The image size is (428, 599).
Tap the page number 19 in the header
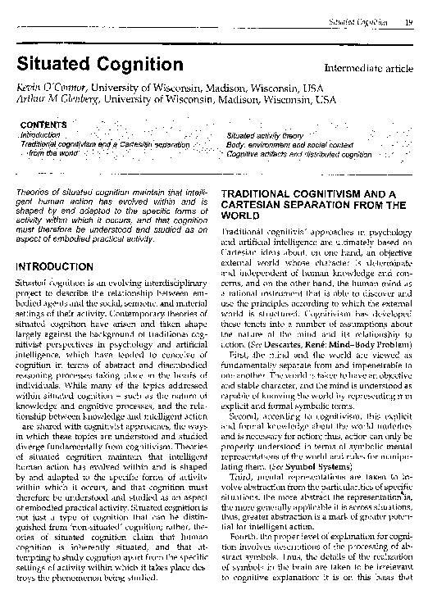tap(408, 10)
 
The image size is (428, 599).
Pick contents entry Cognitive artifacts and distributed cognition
tap(298, 153)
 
